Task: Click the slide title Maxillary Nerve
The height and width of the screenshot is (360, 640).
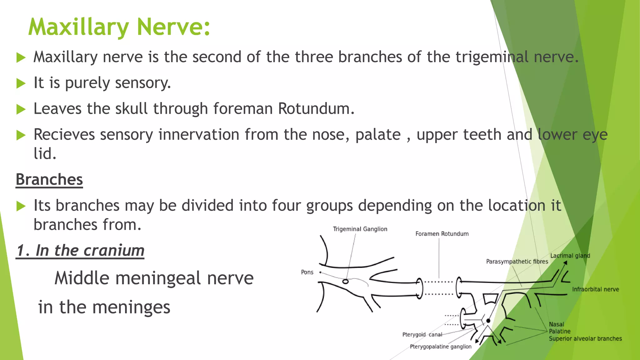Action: (x=119, y=27)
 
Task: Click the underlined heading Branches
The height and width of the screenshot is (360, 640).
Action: (x=49, y=180)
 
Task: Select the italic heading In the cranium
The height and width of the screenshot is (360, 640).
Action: (x=80, y=251)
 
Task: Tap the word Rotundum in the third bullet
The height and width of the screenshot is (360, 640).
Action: (x=316, y=109)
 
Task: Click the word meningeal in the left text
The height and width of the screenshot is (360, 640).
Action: (x=158, y=278)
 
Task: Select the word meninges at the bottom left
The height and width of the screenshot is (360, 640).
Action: (x=131, y=307)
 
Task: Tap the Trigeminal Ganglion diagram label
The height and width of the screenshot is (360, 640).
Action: (x=360, y=229)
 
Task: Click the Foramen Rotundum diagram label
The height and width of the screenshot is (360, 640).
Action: (x=442, y=234)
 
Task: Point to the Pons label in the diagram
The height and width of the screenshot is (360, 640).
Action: (x=307, y=272)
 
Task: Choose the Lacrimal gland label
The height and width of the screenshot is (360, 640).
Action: (x=570, y=256)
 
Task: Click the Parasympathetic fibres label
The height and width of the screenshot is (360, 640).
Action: (x=517, y=262)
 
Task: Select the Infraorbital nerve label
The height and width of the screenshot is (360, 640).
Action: (x=595, y=289)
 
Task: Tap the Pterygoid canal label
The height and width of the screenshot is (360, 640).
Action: (x=422, y=335)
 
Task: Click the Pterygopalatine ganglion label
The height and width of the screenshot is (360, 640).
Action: (x=441, y=347)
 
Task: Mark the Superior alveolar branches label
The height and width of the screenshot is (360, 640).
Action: (x=585, y=339)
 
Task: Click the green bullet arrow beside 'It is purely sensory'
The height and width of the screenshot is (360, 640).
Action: (x=21, y=83)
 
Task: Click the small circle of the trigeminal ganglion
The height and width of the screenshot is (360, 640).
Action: (x=345, y=282)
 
